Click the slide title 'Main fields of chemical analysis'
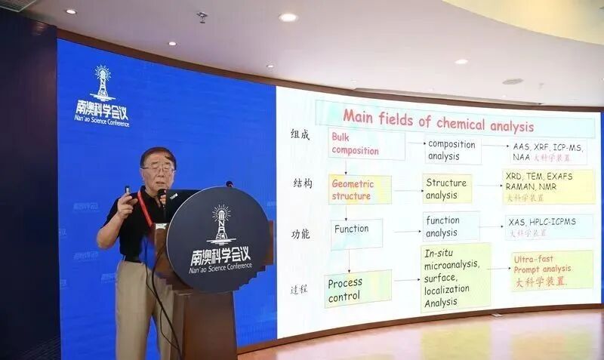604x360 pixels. [x=438, y=118]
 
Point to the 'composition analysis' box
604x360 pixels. [x=452, y=150]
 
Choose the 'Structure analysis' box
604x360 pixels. [x=447, y=189]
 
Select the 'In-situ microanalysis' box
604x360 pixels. [x=455, y=277]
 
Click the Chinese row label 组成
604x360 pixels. [x=300, y=134]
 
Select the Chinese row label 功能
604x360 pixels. [x=300, y=234]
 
